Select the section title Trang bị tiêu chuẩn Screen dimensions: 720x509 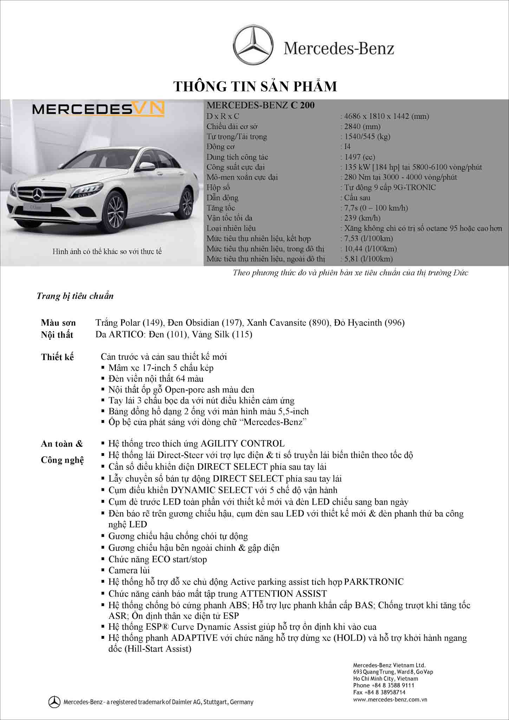pos(75,296)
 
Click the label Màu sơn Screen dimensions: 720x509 pos(58,323)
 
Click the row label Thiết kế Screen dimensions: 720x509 pos(58,357)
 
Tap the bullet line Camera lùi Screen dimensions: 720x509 pos(129,570)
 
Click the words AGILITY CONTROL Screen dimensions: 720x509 pos(242,444)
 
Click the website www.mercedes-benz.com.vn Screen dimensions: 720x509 pos(390,699)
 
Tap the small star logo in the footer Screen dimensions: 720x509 pos(54,702)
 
